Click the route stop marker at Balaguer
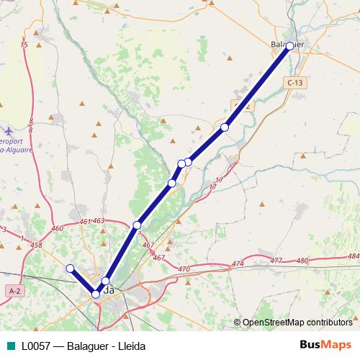[289, 46]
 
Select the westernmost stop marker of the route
[71, 269]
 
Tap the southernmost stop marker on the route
[96, 294]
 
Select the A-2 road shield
[14, 289]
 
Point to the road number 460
[57, 229]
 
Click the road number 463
[99, 221]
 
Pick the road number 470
[184, 269]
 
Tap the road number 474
[238, 264]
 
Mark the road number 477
[276, 260]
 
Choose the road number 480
[302, 260]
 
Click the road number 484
[352, 256]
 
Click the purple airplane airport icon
[8, 132]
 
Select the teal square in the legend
[9, 346]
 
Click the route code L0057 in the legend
[36, 346]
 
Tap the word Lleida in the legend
[130, 346]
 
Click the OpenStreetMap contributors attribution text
[297, 323]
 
